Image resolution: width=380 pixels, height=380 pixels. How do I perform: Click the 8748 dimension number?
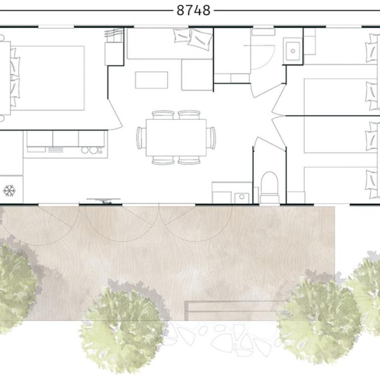(x=193, y=11)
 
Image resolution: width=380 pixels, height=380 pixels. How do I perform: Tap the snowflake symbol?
(x=9, y=190)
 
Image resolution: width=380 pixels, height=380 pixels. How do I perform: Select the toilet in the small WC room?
(x=269, y=187)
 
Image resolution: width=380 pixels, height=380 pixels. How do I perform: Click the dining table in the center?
(x=176, y=138)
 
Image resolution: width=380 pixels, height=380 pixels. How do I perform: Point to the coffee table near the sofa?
(x=151, y=80)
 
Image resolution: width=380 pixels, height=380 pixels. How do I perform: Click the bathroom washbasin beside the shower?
(x=293, y=51)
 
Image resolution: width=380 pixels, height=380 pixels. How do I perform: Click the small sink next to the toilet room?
(x=241, y=198)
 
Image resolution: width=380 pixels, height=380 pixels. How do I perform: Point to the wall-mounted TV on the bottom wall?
(x=104, y=201)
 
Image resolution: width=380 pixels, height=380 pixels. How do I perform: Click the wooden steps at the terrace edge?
(x=235, y=310)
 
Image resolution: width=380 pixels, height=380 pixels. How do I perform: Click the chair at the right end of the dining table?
(x=211, y=138)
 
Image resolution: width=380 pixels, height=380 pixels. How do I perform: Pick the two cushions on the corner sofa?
(x=193, y=39)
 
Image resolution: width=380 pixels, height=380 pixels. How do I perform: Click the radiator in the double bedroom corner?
(x=113, y=35)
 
